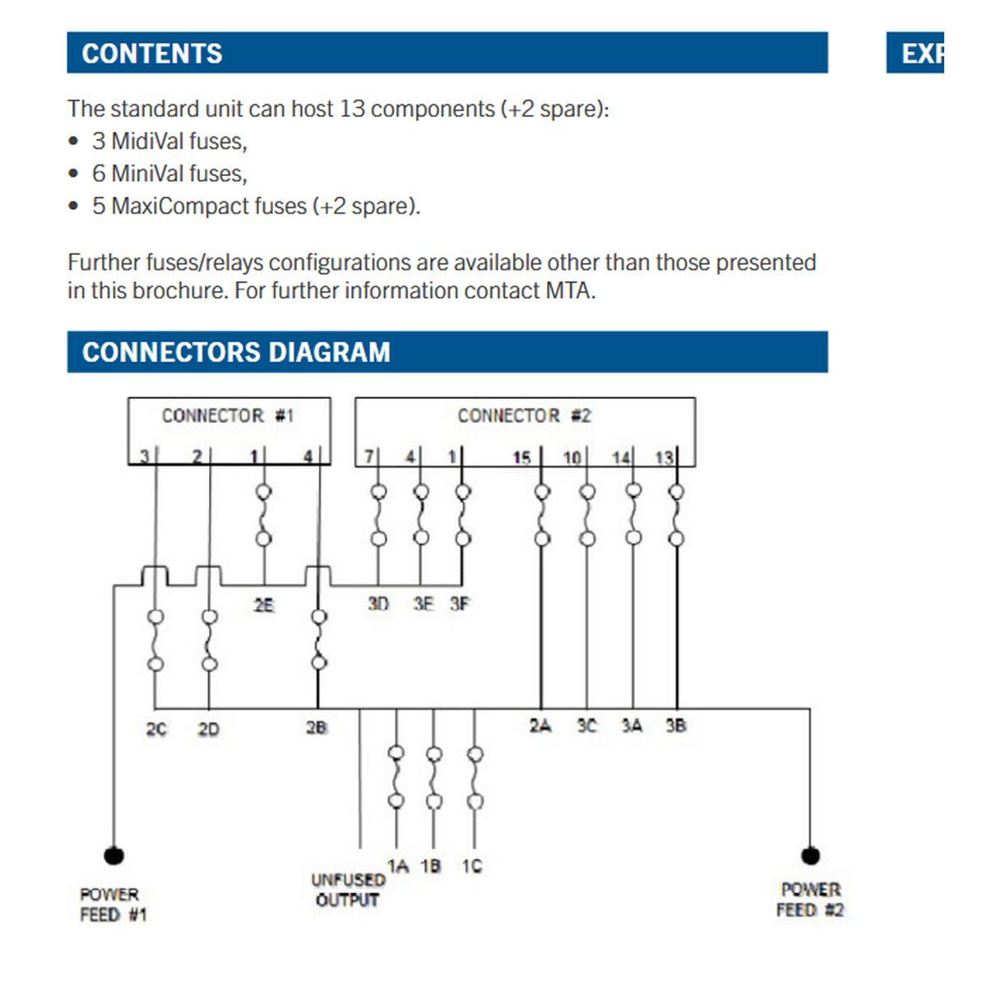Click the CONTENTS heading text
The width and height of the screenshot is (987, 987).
pos(152,53)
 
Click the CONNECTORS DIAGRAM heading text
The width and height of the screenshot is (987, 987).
pos(236,352)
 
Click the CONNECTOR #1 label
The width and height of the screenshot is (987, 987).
pos(228,415)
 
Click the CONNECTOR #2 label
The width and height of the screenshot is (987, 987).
pos(524,415)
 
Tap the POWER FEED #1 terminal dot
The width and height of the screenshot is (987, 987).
pos(114,855)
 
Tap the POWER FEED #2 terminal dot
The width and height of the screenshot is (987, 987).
pos(810,855)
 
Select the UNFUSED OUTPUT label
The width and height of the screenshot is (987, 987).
pos(347,890)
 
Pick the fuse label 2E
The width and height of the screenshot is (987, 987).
pos(263,605)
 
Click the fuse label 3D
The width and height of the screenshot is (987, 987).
pos(378,604)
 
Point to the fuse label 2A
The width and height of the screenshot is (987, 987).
pos(540,725)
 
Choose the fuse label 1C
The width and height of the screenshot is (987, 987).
pos(472,866)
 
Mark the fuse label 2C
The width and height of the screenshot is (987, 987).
pos(156,729)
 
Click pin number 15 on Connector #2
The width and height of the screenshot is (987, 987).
pos(521,457)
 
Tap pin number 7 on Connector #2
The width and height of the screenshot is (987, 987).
pos(369,456)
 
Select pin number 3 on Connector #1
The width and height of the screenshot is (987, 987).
pos(144,456)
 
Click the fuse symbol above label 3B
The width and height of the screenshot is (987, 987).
pos(676,515)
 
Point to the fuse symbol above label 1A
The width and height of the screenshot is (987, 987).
pos(396,776)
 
